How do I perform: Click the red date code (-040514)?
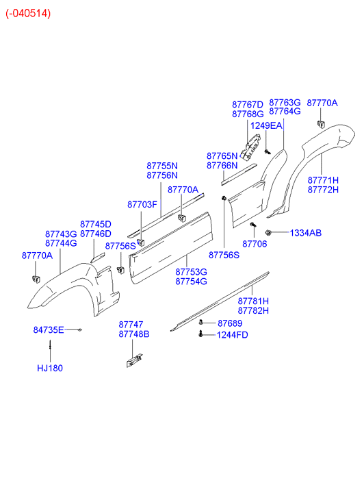tap(28, 14)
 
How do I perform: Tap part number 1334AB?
tap(306, 233)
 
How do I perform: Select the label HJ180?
tap(50, 368)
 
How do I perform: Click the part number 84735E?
tap(49, 330)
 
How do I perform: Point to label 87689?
tap(230, 323)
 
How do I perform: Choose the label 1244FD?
tap(233, 335)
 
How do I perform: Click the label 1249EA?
tap(266, 126)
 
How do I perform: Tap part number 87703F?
tap(142, 205)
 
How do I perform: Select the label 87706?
tap(255, 244)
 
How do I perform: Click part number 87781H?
tap(253, 301)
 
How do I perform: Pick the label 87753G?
tap(192, 272)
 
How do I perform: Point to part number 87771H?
tap(323, 180)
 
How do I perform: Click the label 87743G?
tap(61, 234)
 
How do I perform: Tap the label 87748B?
tap(134, 334)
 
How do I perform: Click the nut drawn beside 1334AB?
tap(269, 233)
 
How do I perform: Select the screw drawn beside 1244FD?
tap(200, 334)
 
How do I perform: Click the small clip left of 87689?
tap(201, 323)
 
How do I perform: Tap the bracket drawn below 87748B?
tap(134, 360)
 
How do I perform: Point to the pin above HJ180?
tap(50, 345)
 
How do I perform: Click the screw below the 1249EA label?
tap(268, 151)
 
